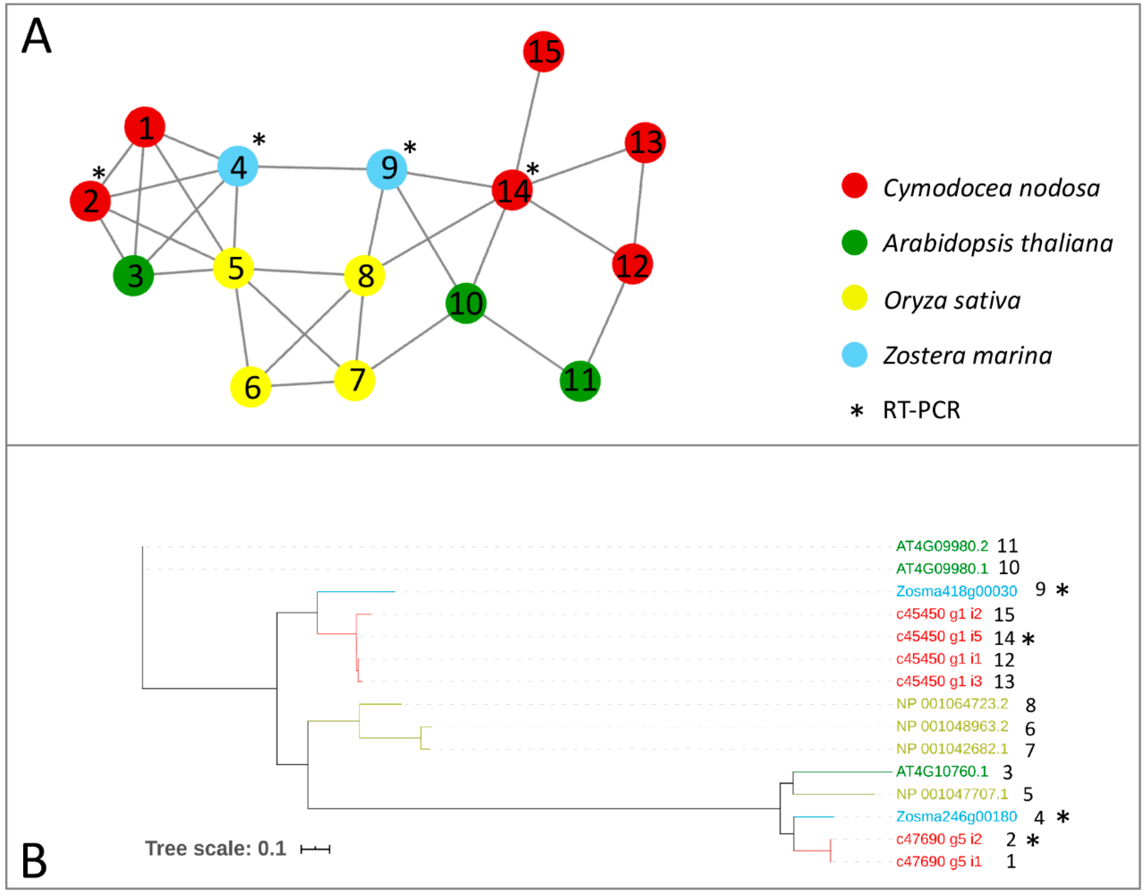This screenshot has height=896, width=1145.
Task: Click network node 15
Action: coord(544,52)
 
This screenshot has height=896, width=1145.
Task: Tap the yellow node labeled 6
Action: coord(251,387)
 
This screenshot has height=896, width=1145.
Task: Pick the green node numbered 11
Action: coord(580,381)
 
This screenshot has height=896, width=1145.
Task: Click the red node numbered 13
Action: coord(645,143)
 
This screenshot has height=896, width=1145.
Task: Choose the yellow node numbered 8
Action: coord(364,276)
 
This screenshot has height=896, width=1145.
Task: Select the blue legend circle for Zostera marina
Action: coord(854,355)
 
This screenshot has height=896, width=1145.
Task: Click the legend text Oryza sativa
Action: coord(952,301)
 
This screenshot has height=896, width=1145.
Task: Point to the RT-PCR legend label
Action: coord(921,410)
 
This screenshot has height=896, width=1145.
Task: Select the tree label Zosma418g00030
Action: coord(956,591)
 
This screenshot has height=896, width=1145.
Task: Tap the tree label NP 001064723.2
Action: coord(952,703)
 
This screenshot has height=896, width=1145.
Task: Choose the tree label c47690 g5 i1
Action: coord(938,861)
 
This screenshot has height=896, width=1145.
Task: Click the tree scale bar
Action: coord(315,849)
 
